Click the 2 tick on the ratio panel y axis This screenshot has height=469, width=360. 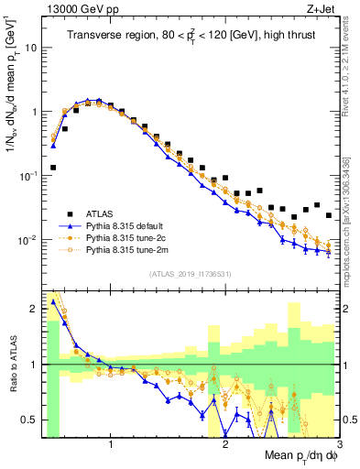[x=34, y=309]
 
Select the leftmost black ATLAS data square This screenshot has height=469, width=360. [x=53, y=168]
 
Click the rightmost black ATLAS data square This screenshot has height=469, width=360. [x=329, y=215]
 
